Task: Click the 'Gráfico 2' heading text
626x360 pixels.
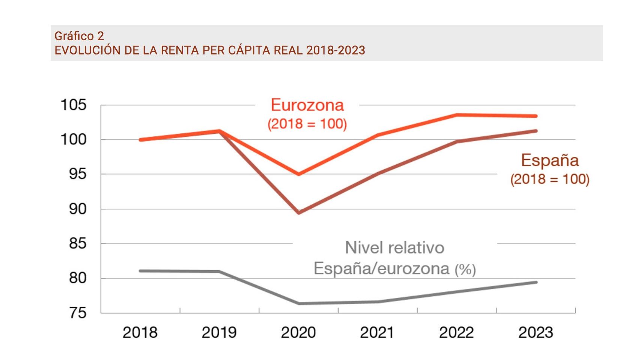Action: point(79,36)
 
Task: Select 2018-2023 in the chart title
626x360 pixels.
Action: point(336,50)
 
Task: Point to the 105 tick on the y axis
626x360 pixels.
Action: point(74,105)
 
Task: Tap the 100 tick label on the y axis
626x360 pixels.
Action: point(74,140)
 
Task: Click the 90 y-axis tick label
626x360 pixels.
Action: point(78,209)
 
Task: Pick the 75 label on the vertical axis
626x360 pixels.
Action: point(78,313)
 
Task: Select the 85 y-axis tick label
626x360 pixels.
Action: point(78,244)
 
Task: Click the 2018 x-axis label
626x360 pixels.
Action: point(140,333)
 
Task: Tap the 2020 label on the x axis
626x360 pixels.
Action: point(298,333)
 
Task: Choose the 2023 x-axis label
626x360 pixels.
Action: point(536,333)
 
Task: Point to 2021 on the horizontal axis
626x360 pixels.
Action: point(377,333)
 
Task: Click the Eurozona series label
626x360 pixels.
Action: point(307,105)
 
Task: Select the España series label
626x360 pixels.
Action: point(550,160)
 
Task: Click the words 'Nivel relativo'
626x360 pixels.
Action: point(394,248)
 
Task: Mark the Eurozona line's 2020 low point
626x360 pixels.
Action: point(299,174)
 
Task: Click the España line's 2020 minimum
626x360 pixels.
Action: point(299,213)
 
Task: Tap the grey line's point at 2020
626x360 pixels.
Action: point(299,303)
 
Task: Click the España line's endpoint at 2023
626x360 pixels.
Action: point(536,131)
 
